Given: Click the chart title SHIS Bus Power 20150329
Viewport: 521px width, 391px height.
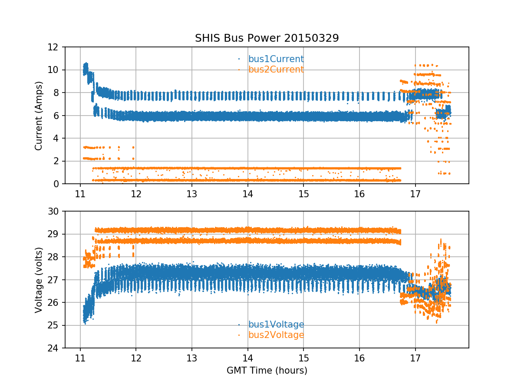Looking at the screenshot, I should pos(267,38).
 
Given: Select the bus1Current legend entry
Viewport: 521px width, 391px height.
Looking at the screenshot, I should pos(276,59).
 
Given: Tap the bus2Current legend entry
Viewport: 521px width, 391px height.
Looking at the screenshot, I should pos(276,70).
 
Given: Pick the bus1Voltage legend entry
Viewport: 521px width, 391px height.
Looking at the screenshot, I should pos(276,325).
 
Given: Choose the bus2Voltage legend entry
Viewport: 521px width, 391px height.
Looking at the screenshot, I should pos(276,335).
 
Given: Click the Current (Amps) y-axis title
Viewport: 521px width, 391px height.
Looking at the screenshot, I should pos(39,116).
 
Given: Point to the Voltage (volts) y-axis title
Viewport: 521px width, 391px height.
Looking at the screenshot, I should pos(39,280).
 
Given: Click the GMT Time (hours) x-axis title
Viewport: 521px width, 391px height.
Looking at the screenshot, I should pos(267,371).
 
